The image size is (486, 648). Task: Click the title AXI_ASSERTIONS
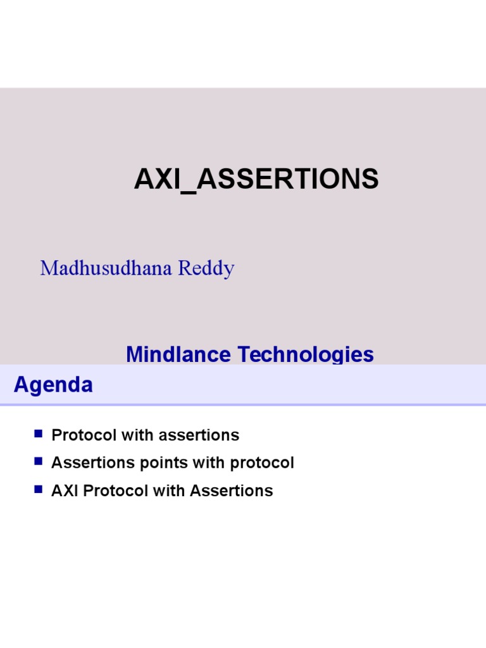[x=256, y=180]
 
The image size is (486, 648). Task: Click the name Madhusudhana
[x=106, y=268]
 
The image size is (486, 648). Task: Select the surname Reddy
[x=206, y=268]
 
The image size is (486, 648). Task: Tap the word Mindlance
[x=178, y=354]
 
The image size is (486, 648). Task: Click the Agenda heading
[x=53, y=385]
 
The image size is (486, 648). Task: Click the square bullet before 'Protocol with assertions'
[x=39, y=434]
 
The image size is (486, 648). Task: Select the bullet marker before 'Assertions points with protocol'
[x=39, y=462]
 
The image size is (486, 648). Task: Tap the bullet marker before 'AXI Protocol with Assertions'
[x=39, y=490]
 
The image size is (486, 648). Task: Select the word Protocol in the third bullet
[x=109, y=491]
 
